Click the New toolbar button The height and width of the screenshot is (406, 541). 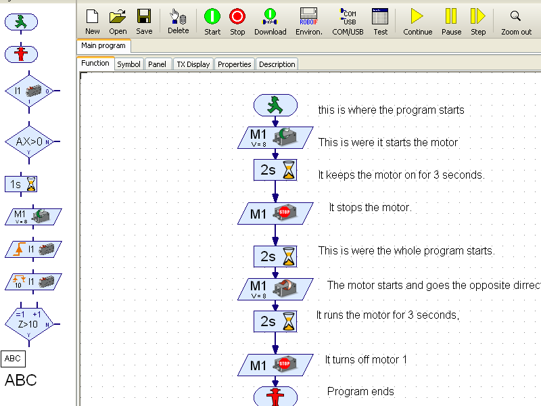tap(93, 22)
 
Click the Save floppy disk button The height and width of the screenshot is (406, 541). tap(144, 22)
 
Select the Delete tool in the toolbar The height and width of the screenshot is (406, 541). tap(178, 22)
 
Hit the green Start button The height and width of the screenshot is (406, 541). tap(212, 22)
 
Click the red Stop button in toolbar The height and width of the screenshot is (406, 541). tap(237, 22)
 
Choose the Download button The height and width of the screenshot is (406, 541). tap(270, 22)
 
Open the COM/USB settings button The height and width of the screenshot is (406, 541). tap(348, 22)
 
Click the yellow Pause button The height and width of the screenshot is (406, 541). tap(451, 22)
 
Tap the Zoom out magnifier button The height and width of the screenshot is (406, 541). tap(516, 22)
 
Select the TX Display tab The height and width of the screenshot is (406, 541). tap(193, 64)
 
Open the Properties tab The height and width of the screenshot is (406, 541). tap(235, 64)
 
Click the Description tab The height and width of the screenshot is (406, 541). tap(277, 64)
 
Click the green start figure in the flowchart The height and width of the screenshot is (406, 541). tap(275, 105)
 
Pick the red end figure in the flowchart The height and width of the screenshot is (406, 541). tap(275, 397)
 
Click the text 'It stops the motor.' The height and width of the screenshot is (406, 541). tap(370, 207)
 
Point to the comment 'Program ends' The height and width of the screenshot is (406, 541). tap(360, 391)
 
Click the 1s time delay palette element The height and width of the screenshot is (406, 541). tap(21, 184)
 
